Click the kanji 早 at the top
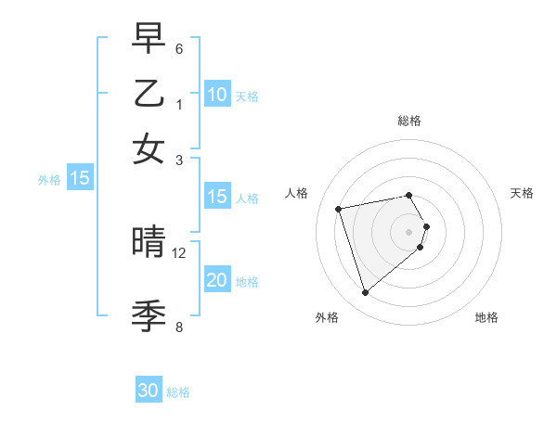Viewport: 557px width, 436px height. point(149,40)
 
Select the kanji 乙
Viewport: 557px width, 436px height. point(149,94)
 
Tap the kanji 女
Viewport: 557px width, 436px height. point(149,147)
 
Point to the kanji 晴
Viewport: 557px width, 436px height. point(149,243)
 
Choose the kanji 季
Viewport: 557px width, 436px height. point(149,316)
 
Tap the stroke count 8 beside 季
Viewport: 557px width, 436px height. point(179,326)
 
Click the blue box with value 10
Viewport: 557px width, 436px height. point(216,95)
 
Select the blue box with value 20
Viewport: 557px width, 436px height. point(216,280)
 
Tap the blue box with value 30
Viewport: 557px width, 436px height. point(149,391)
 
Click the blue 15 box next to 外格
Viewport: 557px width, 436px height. point(80,179)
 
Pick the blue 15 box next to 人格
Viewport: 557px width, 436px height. point(216,197)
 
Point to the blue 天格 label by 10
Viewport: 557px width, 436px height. point(247,96)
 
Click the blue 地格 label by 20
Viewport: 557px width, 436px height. point(247,281)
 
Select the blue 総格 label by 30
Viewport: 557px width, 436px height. point(178,392)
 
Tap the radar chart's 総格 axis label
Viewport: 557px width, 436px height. point(409,121)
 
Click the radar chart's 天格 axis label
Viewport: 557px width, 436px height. point(523,193)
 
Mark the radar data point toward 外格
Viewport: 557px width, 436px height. point(365,293)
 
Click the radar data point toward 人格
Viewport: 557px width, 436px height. point(339,208)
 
